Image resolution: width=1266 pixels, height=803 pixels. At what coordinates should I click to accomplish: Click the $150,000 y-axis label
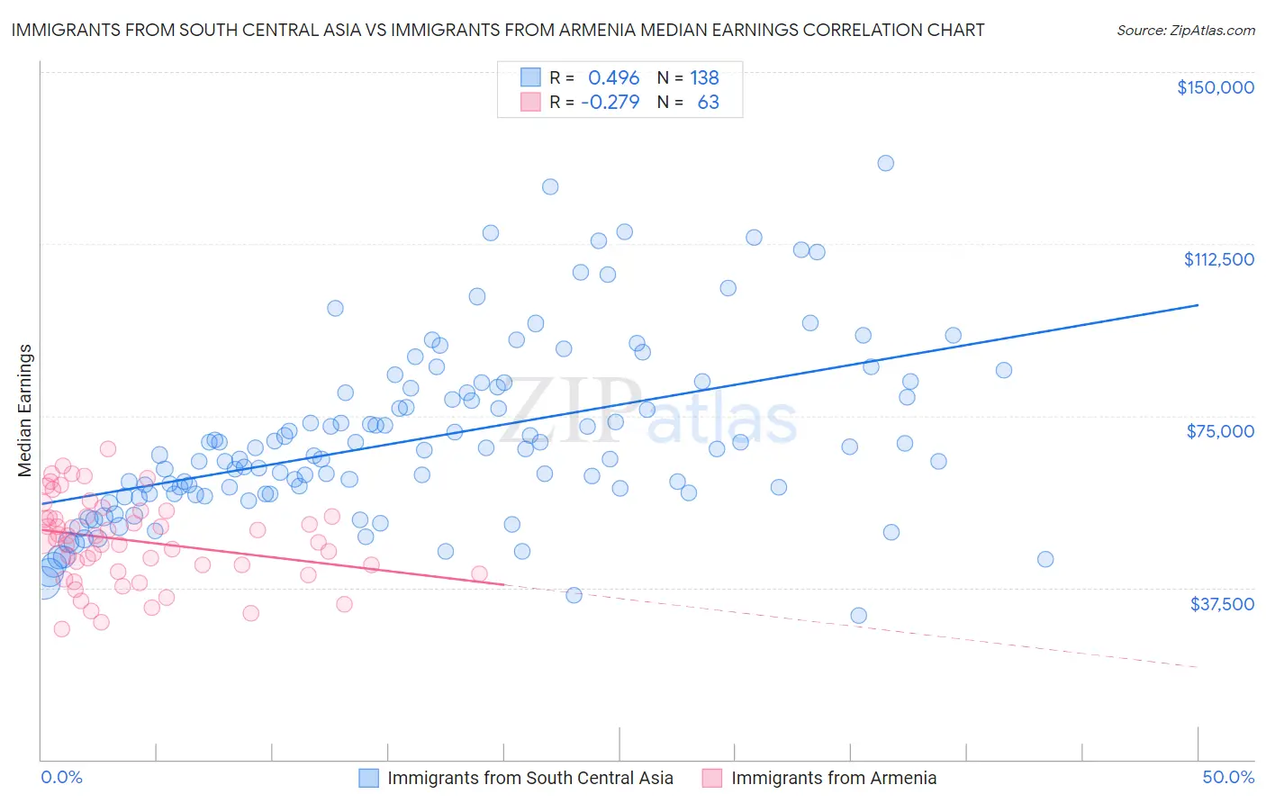point(1215,87)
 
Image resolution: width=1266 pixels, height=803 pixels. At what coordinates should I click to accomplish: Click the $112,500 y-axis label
point(1218,259)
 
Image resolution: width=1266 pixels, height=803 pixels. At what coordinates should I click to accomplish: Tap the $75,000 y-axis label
point(1219,431)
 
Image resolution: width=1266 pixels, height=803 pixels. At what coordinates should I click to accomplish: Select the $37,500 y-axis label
point(1221,604)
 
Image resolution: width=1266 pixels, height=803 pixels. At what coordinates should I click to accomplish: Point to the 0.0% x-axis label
point(61,777)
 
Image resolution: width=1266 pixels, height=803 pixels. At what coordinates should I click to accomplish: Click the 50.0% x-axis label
point(1227,777)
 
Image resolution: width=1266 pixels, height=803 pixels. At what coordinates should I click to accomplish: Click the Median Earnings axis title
point(25,411)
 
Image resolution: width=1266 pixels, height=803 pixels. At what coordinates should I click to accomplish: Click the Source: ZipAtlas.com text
point(1185,30)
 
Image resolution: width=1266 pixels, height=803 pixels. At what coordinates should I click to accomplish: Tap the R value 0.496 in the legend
point(613,77)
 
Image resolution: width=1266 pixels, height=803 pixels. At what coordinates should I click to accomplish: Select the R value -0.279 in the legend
point(610,102)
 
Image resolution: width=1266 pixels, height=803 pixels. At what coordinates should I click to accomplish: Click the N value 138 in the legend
point(704,77)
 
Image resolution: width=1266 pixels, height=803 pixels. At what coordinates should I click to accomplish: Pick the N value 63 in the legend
point(708,102)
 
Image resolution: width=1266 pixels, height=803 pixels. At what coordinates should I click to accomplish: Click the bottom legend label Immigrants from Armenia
point(834,778)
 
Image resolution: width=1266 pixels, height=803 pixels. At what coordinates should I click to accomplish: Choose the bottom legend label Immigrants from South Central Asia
point(529,778)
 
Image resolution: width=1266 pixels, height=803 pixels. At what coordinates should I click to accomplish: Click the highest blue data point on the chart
point(885,163)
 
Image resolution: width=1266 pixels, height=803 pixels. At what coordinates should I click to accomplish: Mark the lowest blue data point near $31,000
point(858,616)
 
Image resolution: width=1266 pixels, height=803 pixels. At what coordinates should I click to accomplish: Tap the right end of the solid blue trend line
point(1198,305)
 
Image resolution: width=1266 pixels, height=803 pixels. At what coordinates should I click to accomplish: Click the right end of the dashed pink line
point(1198,667)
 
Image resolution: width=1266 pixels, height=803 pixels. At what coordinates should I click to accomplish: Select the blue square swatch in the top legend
point(530,77)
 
